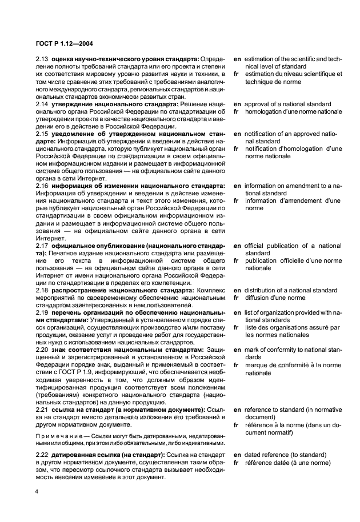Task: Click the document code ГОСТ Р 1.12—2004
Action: point(62,43)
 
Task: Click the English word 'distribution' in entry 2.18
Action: point(262,290)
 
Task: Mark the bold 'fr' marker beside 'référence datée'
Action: point(237,462)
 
